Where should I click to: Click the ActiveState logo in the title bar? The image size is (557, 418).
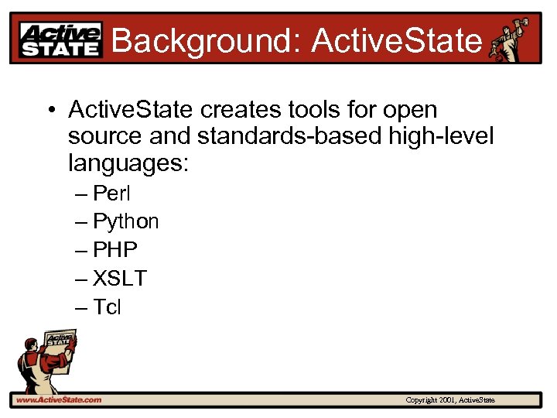pos(60,39)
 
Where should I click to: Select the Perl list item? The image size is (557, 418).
pos(112,193)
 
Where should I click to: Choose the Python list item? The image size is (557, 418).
pos(125,222)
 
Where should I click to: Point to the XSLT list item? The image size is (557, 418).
pos(119,279)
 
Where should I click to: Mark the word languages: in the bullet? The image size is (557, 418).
pos(128,164)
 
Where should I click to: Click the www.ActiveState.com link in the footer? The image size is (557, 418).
pos(59,399)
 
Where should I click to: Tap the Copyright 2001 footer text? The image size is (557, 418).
pos(450,400)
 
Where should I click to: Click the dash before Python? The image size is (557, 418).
pos(82,222)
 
